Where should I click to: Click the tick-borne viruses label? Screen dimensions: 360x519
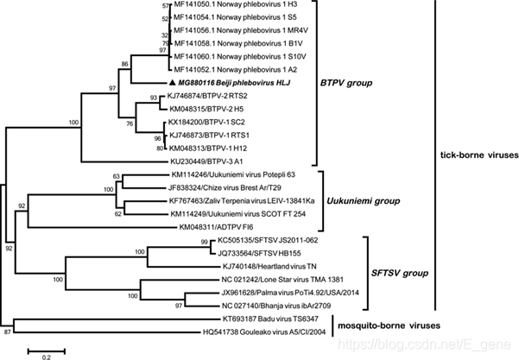(x=478, y=155)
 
